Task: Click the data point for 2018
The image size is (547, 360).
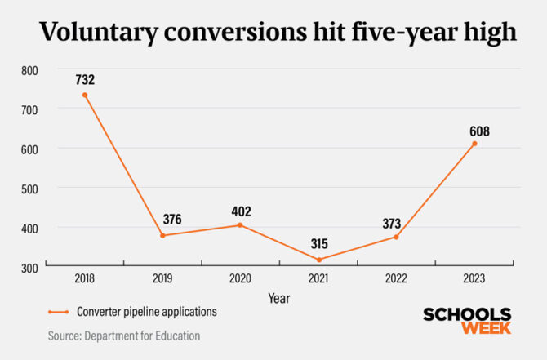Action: pyautogui.click(x=84, y=95)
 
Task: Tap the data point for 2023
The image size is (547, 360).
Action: pyautogui.click(x=474, y=144)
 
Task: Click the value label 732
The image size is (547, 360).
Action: pyautogui.click(x=84, y=80)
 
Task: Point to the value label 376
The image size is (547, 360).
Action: pyautogui.click(x=171, y=219)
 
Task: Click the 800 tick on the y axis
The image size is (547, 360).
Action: pyautogui.click(x=30, y=70)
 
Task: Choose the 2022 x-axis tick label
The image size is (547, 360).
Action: pyautogui.click(x=396, y=279)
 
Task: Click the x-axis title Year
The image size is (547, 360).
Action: pyautogui.click(x=279, y=299)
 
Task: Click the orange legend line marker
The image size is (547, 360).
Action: pyautogui.click(x=58, y=312)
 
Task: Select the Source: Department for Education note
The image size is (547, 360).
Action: pyautogui.click(x=123, y=335)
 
